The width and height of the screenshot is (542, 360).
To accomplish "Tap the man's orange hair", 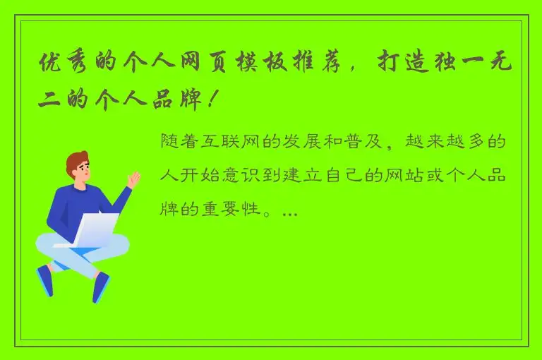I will (x=78, y=162).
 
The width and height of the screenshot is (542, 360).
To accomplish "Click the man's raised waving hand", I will (x=133, y=180).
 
